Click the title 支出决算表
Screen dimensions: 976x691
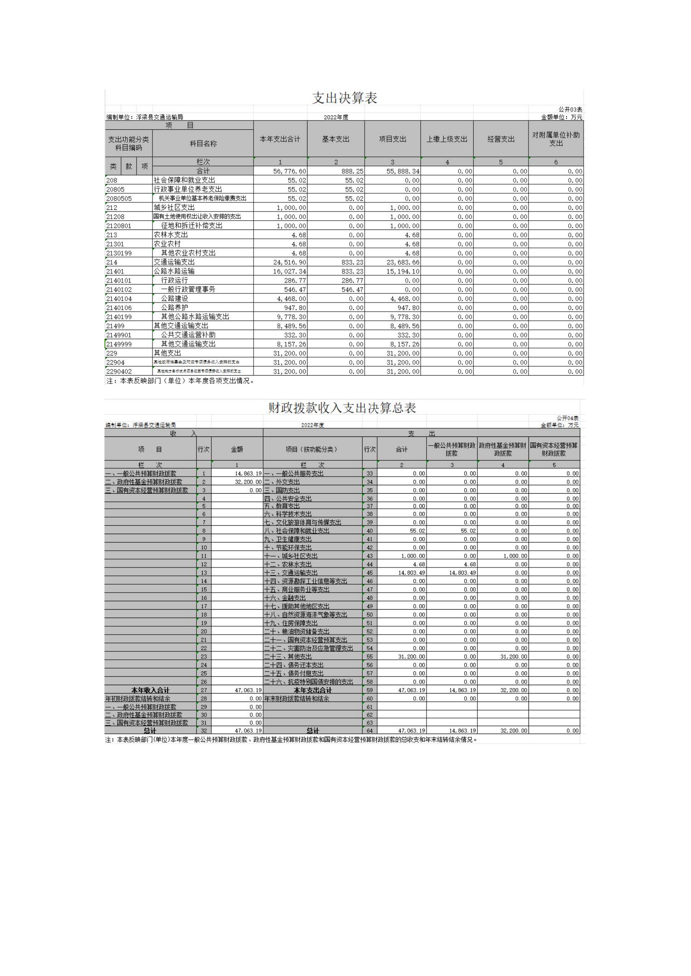(345, 98)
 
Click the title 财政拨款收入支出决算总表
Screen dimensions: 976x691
(342, 408)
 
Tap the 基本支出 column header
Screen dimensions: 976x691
(336, 139)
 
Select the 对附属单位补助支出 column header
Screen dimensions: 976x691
(556, 139)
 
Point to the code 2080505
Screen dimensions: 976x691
(119, 199)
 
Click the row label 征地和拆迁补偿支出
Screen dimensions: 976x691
(191, 226)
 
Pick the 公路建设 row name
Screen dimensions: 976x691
(175, 298)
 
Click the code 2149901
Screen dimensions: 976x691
(119, 335)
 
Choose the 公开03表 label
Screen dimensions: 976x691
(570, 110)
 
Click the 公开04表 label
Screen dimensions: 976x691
(567, 418)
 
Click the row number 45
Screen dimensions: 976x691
(369, 572)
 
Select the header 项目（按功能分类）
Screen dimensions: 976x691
(312, 449)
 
